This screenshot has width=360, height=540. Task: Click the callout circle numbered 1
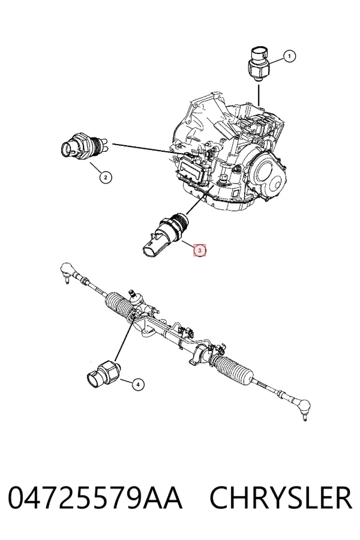coord(289,56)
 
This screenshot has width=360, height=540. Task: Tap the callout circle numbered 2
coord(106,178)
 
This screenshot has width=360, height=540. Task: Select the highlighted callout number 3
coord(200,250)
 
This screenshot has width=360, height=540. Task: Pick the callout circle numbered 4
coord(138,385)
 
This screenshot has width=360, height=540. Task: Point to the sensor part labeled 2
coord(84,148)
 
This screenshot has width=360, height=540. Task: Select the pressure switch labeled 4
coord(103,374)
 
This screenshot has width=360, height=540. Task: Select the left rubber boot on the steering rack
coord(119,305)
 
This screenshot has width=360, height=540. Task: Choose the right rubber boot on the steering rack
coord(233,370)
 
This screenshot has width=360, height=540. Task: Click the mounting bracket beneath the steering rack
coord(195,356)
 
